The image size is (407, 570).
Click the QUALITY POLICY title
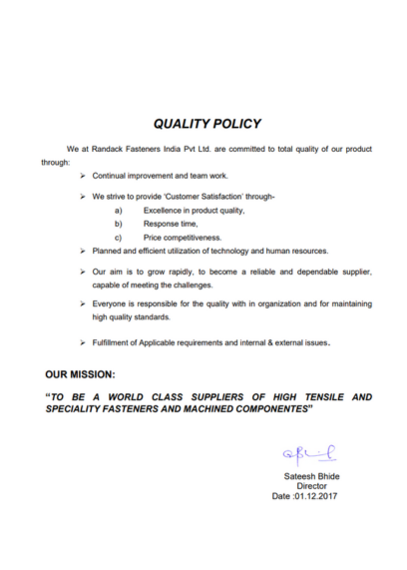point(207,124)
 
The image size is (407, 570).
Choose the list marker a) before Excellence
point(119,212)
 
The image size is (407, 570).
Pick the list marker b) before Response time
point(119,225)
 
